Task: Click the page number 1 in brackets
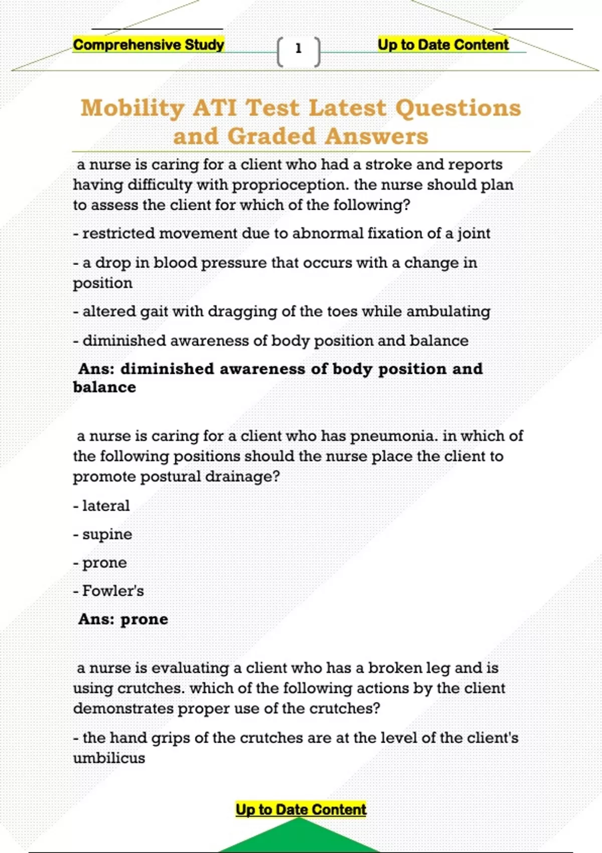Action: point(298,49)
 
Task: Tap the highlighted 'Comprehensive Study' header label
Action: point(148,45)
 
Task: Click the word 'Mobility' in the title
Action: point(132,108)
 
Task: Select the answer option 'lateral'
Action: point(105,505)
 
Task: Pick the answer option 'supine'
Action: point(107,534)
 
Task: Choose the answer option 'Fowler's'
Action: point(113,591)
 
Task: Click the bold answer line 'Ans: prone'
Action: point(123,619)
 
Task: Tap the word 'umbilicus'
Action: point(109,758)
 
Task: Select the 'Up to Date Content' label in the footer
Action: point(301,809)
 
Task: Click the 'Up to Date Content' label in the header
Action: point(443,45)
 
